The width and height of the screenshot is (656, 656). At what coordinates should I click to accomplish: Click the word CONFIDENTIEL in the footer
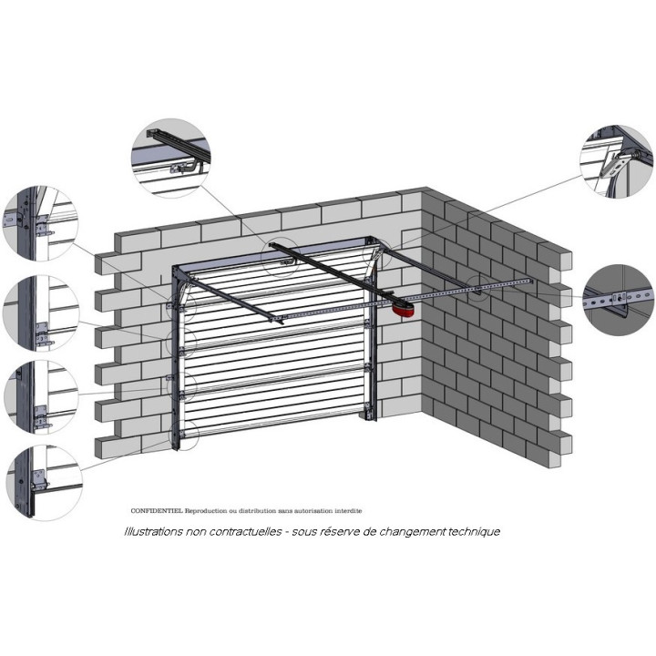[x=157, y=511]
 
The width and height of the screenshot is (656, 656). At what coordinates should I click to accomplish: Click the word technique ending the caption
[x=473, y=531]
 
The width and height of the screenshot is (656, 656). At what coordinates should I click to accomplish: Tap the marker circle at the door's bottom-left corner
[x=184, y=436]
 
